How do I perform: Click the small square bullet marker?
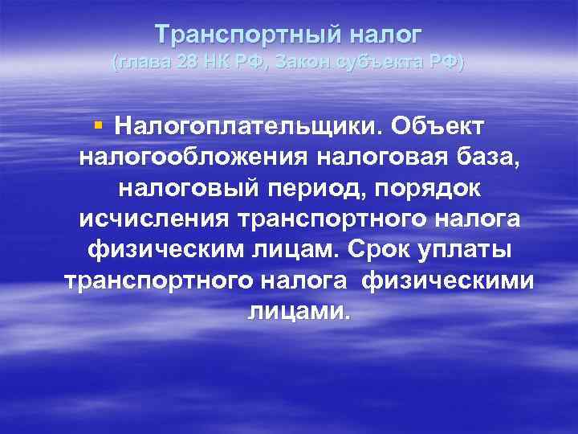click(x=98, y=125)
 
